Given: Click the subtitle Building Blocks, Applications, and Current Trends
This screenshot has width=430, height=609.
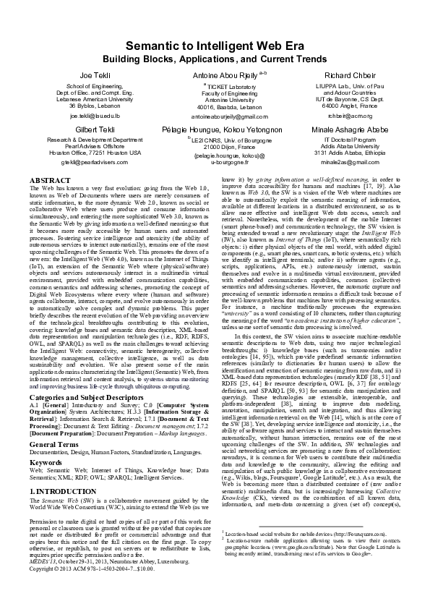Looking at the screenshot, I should tap(215, 58).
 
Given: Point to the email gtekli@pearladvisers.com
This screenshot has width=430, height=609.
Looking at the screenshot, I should tap(95, 163).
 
